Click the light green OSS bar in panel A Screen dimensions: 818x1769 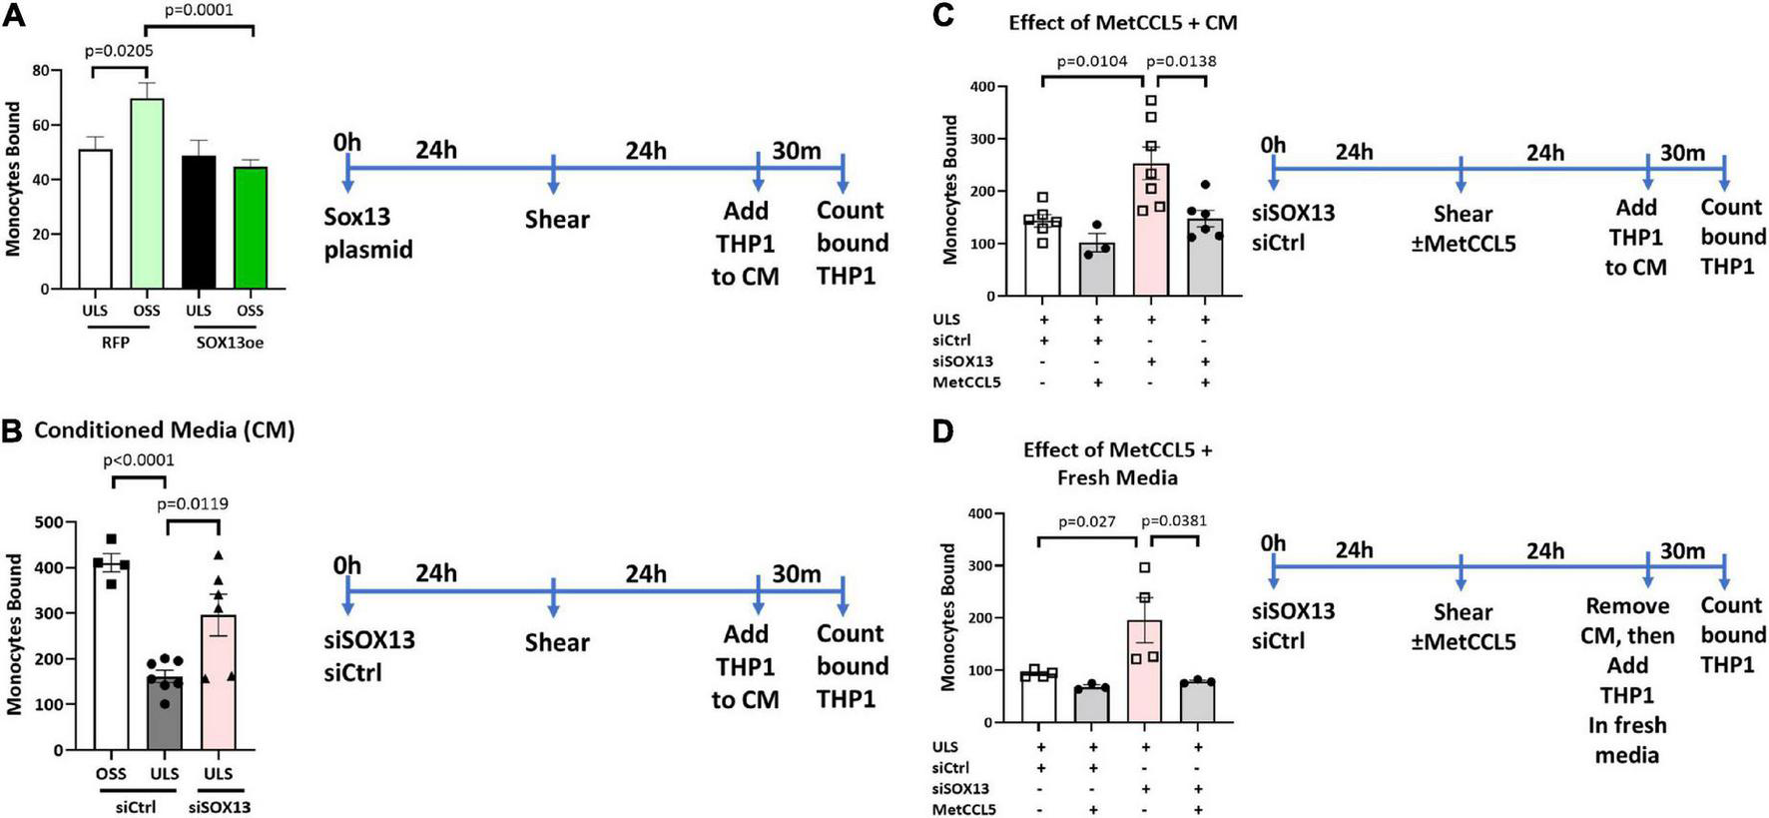pyautogui.click(x=147, y=194)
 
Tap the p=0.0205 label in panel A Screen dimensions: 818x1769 pyautogui.click(x=119, y=50)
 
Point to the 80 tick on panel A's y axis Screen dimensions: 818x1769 pyautogui.click(x=40, y=71)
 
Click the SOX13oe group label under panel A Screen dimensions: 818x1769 pyautogui.click(x=230, y=343)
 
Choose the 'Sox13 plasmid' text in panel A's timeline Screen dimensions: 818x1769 pyautogui.click(x=367, y=233)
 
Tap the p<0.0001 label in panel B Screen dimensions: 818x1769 pyautogui.click(x=138, y=460)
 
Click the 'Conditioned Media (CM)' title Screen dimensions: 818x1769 pyautogui.click(x=164, y=430)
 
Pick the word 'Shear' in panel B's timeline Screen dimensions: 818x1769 pyautogui.click(x=557, y=642)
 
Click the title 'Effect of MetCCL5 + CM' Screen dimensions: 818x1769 pyautogui.click(x=1122, y=22)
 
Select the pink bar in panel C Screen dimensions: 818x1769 pyautogui.click(x=1151, y=230)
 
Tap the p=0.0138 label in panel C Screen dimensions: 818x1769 pyautogui.click(x=1181, y=61)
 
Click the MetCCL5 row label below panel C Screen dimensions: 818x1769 pyautogui.click(x=965, y=383)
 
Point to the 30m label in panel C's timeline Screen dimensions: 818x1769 pyautogui.click(x=1682, y=153)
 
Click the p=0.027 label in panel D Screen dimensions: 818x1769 pyautogui.click(x=1086, y=521)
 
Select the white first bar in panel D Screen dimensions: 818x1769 pyautogui.click(x=1040, y=696)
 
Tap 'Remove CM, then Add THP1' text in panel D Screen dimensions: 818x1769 pyautogui.click(x=1627, y=650)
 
